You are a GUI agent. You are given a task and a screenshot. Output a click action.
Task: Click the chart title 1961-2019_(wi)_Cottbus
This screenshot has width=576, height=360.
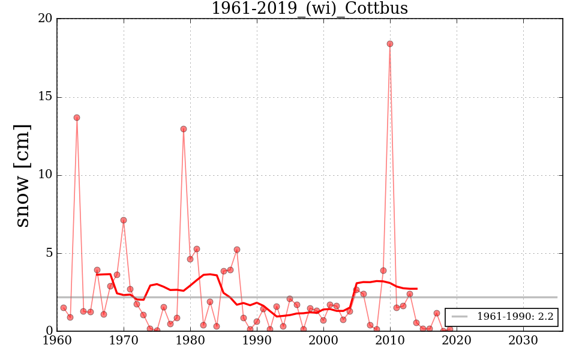tap(310, 8)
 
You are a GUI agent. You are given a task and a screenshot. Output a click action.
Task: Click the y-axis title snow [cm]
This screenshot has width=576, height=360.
tap(22, 175)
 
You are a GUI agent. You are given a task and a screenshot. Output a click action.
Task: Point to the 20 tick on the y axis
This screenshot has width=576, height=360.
tap(45, 19)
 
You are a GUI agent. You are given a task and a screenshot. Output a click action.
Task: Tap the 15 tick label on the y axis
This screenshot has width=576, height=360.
tap(45, 97)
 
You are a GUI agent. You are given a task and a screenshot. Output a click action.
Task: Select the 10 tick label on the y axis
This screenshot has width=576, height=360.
tap(45, 175)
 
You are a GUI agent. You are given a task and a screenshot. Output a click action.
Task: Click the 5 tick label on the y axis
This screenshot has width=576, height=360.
tap(49, 253)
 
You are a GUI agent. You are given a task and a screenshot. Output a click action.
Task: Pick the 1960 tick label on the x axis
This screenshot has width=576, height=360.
tap(58, 341)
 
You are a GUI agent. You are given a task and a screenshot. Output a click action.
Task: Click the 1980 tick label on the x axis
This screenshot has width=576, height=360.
tap(190, 341)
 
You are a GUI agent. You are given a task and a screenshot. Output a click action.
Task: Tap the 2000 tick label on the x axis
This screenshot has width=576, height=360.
tap(323, 341)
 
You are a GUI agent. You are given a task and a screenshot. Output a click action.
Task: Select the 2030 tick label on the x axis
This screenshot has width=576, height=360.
tap(523, 341)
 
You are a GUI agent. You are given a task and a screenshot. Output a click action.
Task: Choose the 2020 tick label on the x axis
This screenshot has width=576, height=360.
tap(456, 341)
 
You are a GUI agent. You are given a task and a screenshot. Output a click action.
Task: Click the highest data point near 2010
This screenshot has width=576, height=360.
tap(390, 44)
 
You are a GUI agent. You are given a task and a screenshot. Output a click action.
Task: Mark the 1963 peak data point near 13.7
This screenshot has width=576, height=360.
tap(77, 118)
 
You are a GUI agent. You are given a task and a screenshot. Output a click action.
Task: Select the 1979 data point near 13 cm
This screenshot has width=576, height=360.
tap(184, 129)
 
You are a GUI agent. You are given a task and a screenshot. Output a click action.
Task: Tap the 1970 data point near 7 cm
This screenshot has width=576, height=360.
tap(124, 220)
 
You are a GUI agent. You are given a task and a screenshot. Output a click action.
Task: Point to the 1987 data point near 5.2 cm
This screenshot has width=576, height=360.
tap(237, 250)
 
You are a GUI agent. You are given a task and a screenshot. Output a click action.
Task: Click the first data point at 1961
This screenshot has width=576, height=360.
tap(64, 308)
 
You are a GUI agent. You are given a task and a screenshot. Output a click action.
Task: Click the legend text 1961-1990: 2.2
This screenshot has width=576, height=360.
tap(515, 317)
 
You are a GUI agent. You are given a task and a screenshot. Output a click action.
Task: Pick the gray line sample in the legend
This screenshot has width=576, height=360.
tap(460, 317)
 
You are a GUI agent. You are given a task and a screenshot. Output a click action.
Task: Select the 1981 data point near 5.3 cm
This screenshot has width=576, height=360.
tap(197, 249)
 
